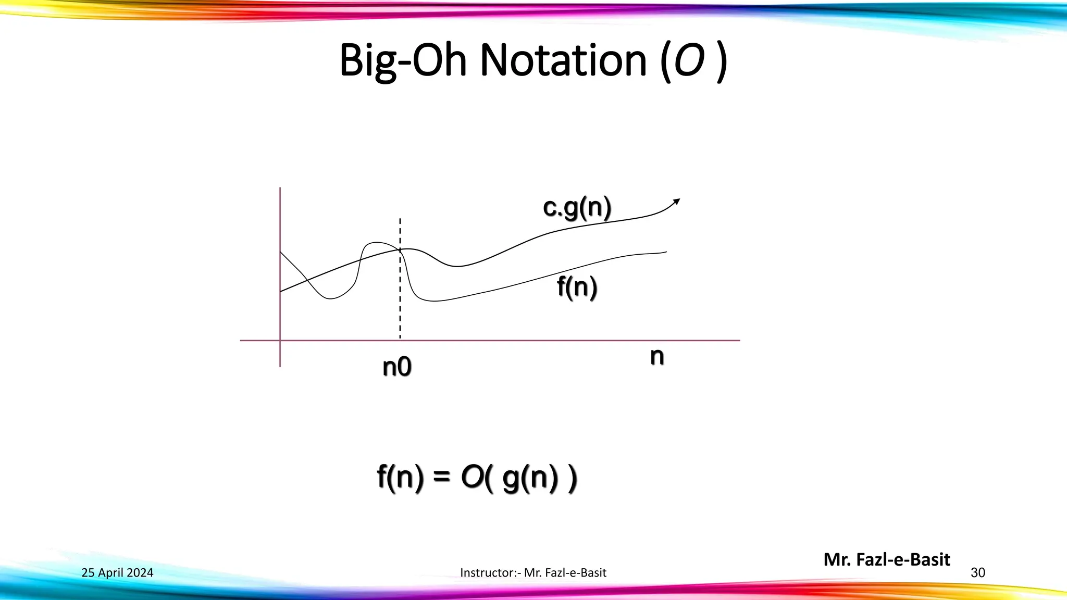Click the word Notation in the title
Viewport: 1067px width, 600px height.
(563, 60)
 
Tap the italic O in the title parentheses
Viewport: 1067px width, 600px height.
(689, 60)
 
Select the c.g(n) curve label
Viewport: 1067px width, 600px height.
(577, 208)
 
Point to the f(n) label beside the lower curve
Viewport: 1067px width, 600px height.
(577, 287)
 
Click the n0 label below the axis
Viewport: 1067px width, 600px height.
(397, 367)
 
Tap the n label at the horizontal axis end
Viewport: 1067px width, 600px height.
(657, 357)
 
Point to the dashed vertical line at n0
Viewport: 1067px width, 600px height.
(400, 302)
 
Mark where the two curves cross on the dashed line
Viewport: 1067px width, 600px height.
(400, 250)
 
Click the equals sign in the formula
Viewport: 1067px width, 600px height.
(441, 477)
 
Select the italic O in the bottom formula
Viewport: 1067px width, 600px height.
(473, 477)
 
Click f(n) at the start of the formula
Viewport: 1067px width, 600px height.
(400, 478)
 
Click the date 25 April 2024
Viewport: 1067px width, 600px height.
(117, 573)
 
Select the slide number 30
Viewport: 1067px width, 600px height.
(978, 573)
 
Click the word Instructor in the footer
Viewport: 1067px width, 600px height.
(487, 573)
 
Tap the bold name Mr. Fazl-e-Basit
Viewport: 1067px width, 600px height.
(887, 559)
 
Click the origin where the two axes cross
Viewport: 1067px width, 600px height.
(280, 341)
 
